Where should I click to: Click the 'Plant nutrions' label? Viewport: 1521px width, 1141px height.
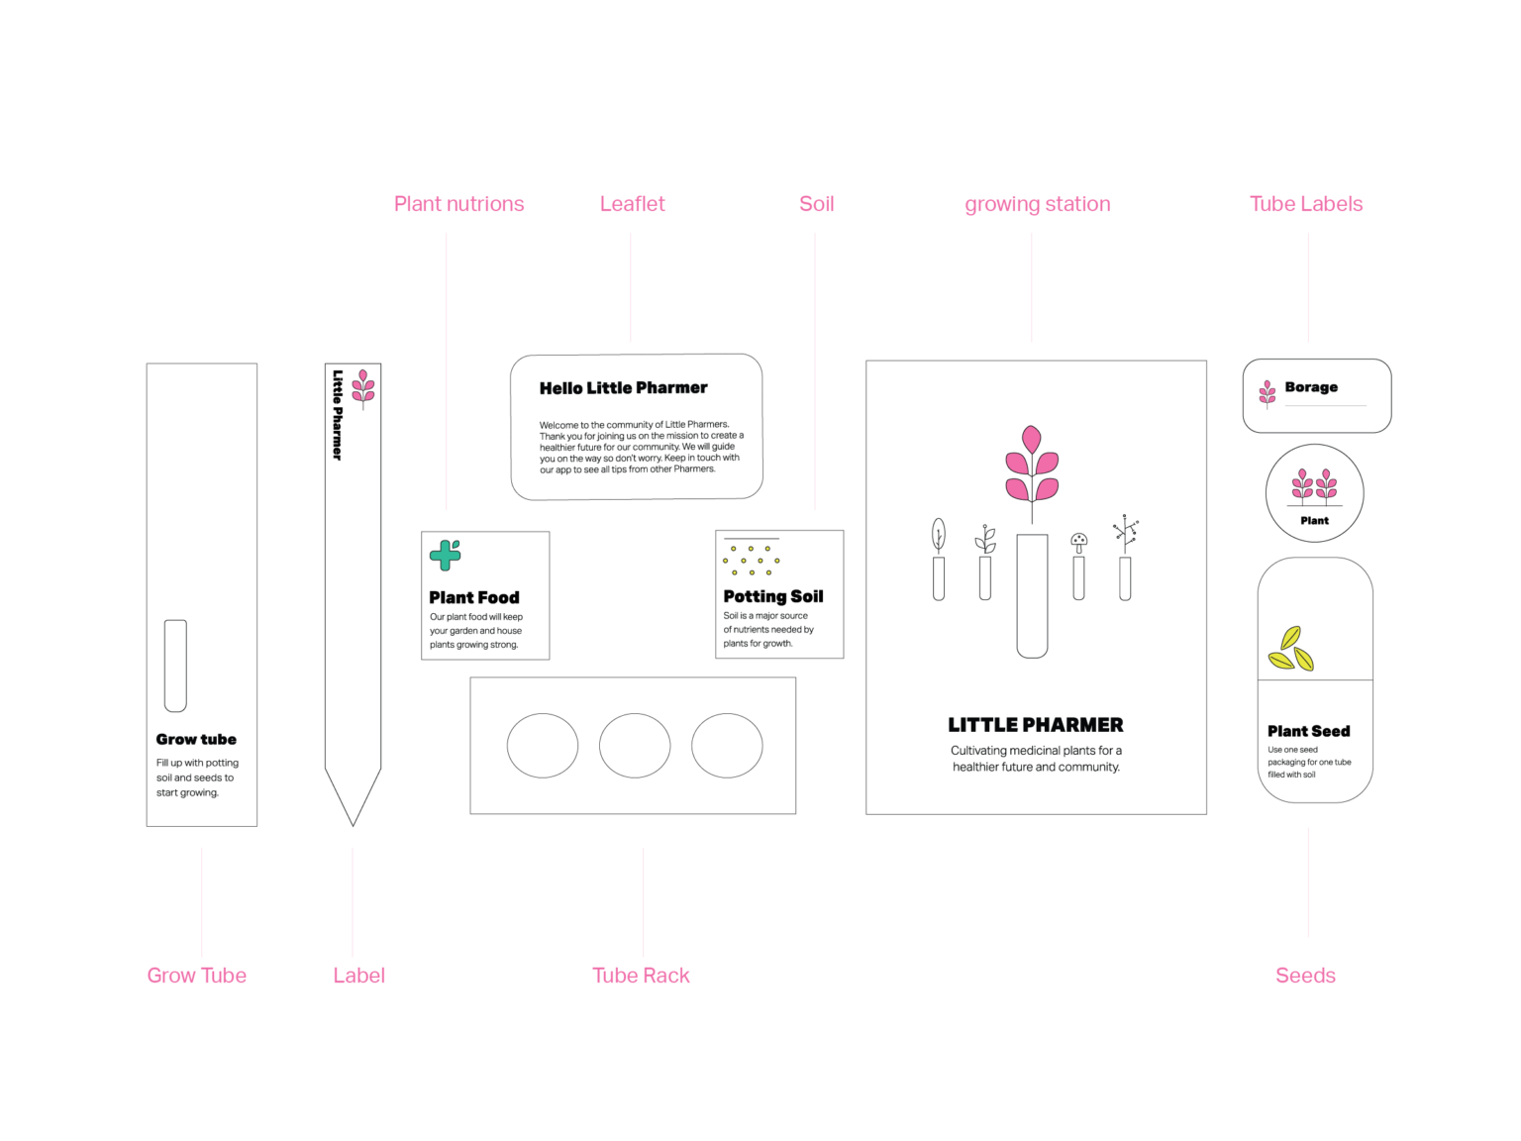[459, 204]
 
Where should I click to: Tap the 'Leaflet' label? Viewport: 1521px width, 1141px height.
[632, 204]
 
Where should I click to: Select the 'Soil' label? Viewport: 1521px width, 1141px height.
[817, 204]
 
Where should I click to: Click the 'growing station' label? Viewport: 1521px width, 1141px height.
[1037, 204]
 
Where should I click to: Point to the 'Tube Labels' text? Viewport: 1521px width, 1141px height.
[1306, 204]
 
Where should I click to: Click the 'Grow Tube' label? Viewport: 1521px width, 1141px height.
[197, 976]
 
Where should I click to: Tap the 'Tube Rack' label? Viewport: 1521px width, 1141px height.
[641, 976]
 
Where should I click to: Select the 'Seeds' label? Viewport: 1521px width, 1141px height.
[1305, 976]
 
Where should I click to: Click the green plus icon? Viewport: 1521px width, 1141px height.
[445, 555]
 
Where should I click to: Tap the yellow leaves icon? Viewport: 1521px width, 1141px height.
[1291, 650]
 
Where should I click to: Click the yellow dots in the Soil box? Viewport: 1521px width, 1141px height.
[752, 561]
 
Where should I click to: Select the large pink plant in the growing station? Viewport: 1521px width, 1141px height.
[1032, 466]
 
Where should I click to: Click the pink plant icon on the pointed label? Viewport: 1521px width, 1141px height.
[363, 387]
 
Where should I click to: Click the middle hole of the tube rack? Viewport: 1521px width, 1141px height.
[635, 746]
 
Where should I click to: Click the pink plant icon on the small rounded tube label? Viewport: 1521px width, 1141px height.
[1267, 393]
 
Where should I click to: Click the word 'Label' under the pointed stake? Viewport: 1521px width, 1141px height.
[358, 976]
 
